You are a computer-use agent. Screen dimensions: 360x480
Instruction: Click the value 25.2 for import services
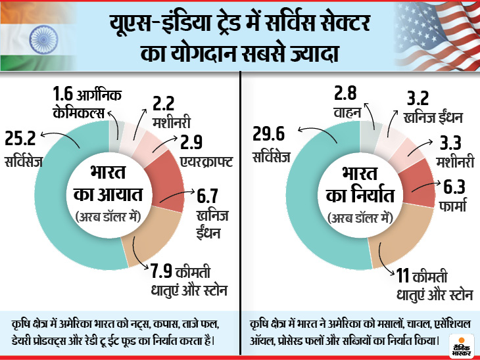(x=20, y=139)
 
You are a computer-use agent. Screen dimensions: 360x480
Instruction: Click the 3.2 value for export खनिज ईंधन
(x=414, y=99)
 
